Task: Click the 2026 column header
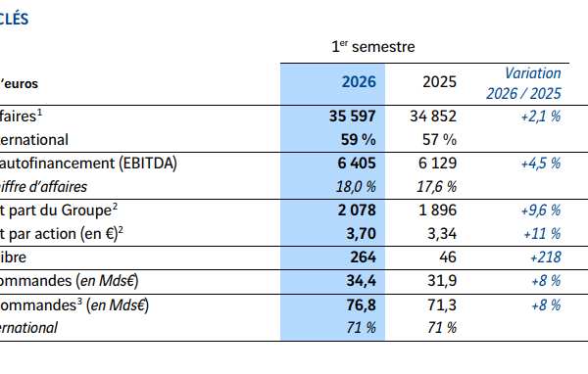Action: [359, 81]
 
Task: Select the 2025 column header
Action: [439, 81]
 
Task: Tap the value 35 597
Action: [353, 117]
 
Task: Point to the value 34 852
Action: [433, 117]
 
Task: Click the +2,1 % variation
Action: [541, 117]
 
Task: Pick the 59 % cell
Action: [358, 140]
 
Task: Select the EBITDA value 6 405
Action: [357, 164]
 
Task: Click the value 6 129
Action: [438, 164]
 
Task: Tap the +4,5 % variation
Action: [541, 164]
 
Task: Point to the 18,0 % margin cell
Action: [356, 187]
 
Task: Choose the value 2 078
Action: [357, 210]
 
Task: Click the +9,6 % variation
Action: [541, 210]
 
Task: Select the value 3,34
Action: [442, 234]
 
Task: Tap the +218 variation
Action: [546, 257]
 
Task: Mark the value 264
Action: [363, 257]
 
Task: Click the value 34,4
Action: [361, 281]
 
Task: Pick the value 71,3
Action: [442, 305]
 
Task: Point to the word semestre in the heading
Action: [383, 47]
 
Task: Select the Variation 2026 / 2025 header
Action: [524, 83]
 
